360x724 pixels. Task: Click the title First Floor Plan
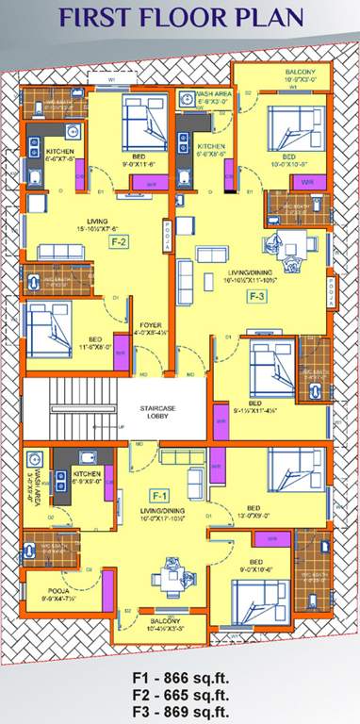pyautogui.click(x=180, y=18)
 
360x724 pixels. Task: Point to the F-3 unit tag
pyautogui.click(x=257, y=296)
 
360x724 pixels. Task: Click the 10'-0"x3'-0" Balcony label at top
pyautogui.click(x=281, y=77)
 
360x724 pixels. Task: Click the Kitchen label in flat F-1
pyautogui.click(x=87, y=476)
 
